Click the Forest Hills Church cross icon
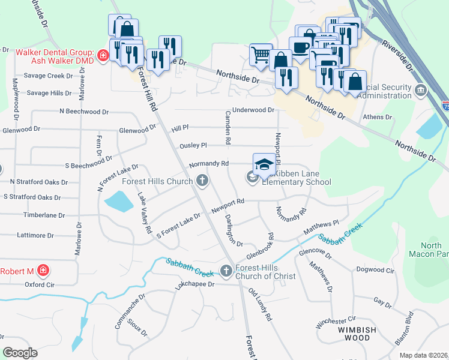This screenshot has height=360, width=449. click(x=203, y=181)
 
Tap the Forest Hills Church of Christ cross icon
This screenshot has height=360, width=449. click(x=226, y=271)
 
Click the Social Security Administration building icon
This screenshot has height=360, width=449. click(x=421, y=91)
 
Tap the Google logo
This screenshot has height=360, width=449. click(x=20, y=353)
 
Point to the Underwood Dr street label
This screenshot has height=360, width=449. click(x=253, y=110)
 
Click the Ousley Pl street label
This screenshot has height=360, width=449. click(x=193, y=146)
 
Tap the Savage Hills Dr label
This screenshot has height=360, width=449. click(x=49, y=93)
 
